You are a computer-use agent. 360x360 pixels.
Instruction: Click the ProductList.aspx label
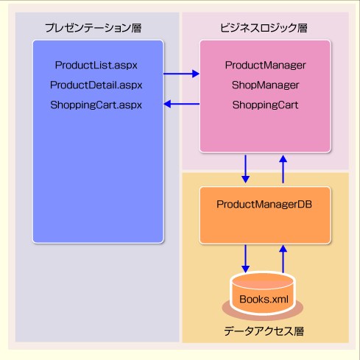point(96,66)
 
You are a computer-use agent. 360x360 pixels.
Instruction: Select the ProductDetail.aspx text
point(96,85)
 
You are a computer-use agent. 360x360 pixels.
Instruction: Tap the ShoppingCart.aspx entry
point(96,105)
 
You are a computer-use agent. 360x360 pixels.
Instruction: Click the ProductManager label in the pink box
point(266,66)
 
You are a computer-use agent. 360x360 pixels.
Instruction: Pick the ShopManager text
point(266,85)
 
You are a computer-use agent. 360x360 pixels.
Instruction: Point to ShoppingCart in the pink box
point(266,105)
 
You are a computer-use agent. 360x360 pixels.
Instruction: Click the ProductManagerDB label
point(264,204)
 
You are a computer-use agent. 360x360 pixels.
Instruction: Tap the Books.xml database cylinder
point(263,293)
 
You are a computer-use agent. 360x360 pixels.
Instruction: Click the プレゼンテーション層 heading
point(93,28)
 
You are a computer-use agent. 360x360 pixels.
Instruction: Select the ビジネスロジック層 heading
point(264,28)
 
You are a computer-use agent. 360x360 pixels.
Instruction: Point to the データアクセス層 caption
point(264,331)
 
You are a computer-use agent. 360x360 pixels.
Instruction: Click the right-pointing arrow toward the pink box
point(181,74)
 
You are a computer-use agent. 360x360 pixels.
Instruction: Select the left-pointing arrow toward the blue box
point(181,104)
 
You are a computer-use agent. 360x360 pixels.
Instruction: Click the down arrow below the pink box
point(245,169)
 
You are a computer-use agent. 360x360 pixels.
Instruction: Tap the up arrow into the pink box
point(283,169)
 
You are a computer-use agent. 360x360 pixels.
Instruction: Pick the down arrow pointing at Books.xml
point(245,258)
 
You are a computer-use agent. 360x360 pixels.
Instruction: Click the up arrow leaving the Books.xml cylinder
point(283,258)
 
